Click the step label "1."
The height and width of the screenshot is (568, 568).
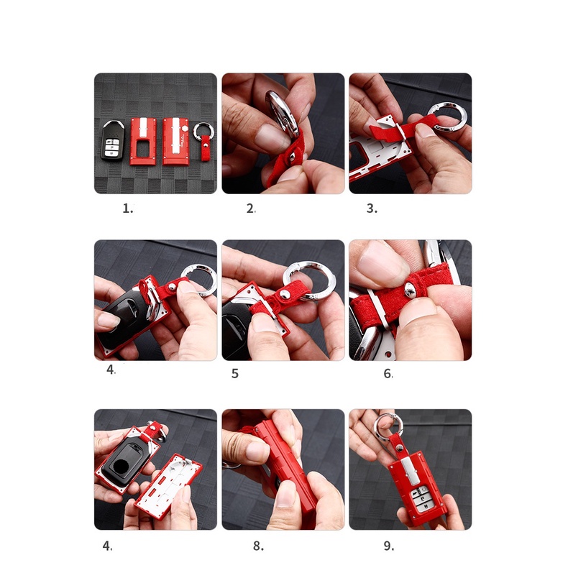(x=128, y=209)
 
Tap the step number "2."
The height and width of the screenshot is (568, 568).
(x=251, y=209)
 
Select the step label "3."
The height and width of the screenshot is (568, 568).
(x=372, y=209)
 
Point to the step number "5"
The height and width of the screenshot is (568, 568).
(x=235, y=373)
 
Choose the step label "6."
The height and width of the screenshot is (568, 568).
(x=388, y=373)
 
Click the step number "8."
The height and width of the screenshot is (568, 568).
(x=258, y=546)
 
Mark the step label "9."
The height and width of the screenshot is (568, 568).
(x=389, y=546)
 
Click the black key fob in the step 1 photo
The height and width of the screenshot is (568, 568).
(x=112, y=140)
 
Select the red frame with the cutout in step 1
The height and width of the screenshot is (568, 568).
(x=143, y=141)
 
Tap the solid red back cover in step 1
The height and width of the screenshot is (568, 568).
(x=176, y=141)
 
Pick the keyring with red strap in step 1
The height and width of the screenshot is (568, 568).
(x=204, y=140)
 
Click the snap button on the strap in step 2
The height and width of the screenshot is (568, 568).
(x=292, y=157)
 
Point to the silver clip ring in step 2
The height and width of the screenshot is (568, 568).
(x=282, y=113)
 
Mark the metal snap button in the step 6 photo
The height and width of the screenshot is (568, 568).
(x=411, y=290)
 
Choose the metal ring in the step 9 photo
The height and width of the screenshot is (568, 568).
(x=388, y=427)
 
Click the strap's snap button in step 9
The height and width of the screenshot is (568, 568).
(x=400, y=449)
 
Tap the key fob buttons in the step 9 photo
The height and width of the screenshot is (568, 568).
(x=421, y=499)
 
